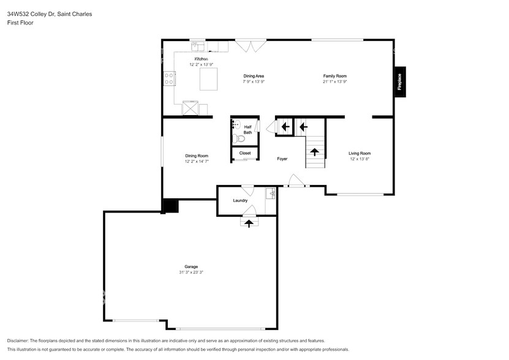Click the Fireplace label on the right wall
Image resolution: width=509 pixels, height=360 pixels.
(399, 81)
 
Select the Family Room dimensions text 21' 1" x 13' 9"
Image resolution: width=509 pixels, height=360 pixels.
(335, 81)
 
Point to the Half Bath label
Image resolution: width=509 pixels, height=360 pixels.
(247, 129)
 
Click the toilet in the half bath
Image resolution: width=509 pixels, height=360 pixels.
(239, 138)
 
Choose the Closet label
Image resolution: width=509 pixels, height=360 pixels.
(245, 153)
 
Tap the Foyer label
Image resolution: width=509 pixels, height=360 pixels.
(282, 159)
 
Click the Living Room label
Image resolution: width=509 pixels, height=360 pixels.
(360, 153)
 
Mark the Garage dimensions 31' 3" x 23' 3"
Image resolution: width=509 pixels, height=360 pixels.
(191, 272)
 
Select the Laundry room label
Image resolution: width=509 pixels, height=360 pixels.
(240, 200)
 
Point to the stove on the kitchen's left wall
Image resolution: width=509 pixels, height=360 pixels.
(169, 78)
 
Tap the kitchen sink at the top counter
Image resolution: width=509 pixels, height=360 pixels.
(198, 45)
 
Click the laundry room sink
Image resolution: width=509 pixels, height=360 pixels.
(271, 194)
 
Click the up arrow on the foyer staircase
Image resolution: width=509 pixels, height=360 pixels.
(315, 151)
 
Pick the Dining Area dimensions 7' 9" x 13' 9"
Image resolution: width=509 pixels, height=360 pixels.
(254, 81)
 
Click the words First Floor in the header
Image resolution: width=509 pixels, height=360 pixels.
(21, 23)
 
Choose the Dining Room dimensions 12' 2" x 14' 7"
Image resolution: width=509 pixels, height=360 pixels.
(197, 162)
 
